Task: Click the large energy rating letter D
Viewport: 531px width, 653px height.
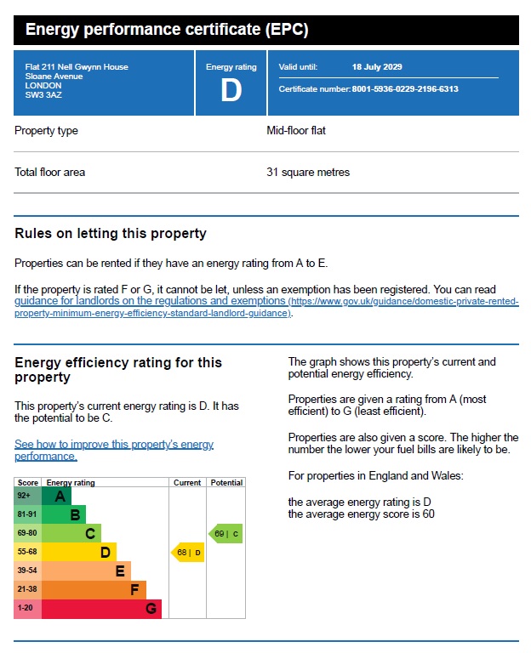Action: pos(231,90)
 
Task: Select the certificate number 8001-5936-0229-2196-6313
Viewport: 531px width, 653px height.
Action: pos(405,88)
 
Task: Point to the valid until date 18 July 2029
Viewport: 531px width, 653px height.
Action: pos(377,66)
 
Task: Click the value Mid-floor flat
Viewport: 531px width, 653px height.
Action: pos(296,131)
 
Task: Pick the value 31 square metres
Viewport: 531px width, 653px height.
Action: pos(308,172)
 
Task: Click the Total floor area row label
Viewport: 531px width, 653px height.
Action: pos(49,172)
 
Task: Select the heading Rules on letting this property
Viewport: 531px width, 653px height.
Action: pos(111,234)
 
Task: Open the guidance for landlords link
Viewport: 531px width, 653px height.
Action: pos(150,301)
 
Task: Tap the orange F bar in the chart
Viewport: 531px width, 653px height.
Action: pos(94,590)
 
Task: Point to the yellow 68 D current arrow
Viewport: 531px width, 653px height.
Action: pos(188,553)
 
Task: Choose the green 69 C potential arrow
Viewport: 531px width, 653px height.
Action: pos(226,534)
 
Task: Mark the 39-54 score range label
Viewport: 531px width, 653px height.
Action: pos(26,571)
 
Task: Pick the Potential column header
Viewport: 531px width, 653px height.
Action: pos(226,483)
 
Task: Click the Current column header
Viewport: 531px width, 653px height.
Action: pos(187,483)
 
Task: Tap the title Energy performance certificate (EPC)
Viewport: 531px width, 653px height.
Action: pos(167,31)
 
